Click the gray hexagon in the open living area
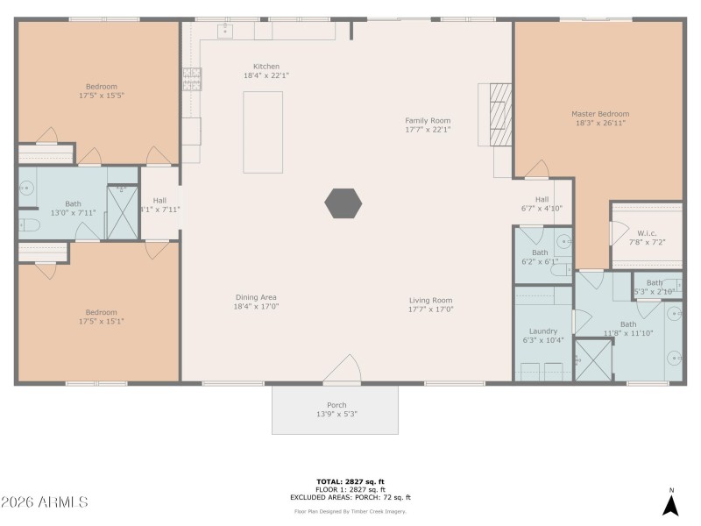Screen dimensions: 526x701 click(x=343, y=203)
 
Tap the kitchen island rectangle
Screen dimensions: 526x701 click(x=263, y=131)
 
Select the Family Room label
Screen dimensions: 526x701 click(x=428, y=120)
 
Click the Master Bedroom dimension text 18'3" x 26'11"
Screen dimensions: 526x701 click(x=600, y=124)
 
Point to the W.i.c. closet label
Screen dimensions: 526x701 click(x=648, y=233)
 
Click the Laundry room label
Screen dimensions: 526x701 click(x=543, y=331)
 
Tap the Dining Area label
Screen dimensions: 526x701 click(x=256, y=297)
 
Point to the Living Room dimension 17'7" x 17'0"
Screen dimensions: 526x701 click(x=430, y=309)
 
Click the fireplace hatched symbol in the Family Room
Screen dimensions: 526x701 click(x=499, y=113)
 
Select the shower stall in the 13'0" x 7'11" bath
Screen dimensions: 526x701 click(x=122, y=211)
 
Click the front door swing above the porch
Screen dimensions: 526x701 click(x=343, y=369)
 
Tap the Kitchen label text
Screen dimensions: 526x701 click(x=266, y=67)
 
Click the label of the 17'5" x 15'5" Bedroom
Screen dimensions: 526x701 click(x=101, y=86)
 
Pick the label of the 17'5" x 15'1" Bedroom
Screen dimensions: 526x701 click(x=101, y=312)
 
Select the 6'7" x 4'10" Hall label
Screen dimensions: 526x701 click(x=542, y=199)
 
